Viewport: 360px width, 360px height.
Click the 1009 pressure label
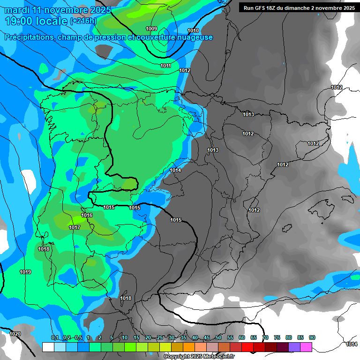pyautogui.click(x=151, y=29)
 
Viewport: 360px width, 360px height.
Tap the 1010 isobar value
pyautogui.click(x=193, y=30)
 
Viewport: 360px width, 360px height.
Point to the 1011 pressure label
pyautogui.click(x=165, y=66)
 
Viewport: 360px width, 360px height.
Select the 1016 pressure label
pyautogui.click(x=87, y=216)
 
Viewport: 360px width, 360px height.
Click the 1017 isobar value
pyautogui.click(x=75, y=228)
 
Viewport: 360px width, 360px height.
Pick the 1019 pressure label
pyautogui.click(x=25, y=272)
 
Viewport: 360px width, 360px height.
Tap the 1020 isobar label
pyautogui.click(x=15, y=334)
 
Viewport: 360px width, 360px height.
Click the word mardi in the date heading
pyautogui.click(x=17, y=10)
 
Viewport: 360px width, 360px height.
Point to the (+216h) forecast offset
pyautogui.click(x=83, y=21)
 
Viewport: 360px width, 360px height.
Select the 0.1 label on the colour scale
pyautogui.click(x=55, y=338)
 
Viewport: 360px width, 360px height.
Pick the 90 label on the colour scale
pyautogui.click(x=312, y=338)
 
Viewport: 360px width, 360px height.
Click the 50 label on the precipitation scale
pyautogui.click(x=218, y=338)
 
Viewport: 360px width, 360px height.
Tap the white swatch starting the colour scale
pyautogui.click(x=48, y=347)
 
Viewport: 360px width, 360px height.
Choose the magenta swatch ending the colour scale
pyautogui.click(x=306, y=347)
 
